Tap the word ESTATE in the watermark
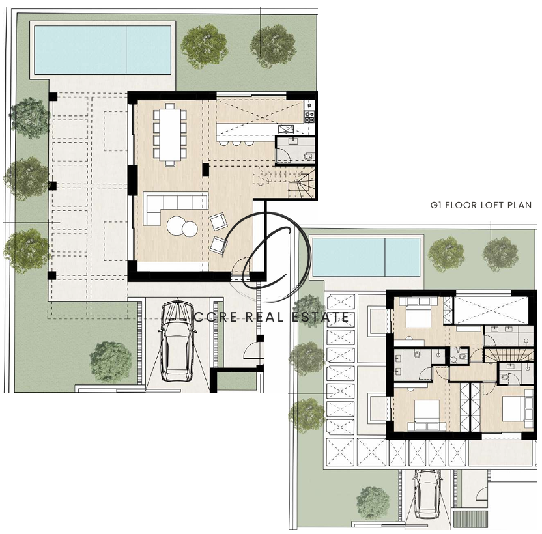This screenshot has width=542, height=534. (320, 317)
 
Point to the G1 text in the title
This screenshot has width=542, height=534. (436, 205)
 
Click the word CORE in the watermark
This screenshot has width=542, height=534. (216, 317)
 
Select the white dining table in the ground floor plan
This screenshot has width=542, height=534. (170, 134)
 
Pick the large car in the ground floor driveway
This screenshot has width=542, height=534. (177, 341)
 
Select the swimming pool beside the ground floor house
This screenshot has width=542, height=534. (103, 49)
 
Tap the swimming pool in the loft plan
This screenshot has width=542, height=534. (366, 257)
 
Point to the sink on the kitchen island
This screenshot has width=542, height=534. (286, 129)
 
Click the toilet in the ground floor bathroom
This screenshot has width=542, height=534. (309, 157)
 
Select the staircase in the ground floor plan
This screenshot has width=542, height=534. (285, 182)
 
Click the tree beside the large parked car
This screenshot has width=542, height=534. (111, 361)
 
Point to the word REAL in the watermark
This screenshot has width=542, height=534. (264, 317)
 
